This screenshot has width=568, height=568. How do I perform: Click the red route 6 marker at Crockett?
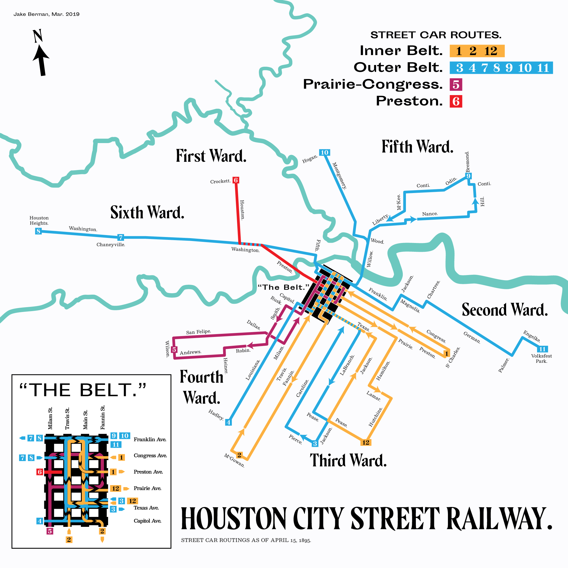coord(236,180)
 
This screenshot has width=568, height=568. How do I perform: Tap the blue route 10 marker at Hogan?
coord(324,152)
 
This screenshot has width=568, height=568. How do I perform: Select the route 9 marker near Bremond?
coord(468,176)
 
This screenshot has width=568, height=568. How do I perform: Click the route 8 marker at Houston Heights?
coord(38,231)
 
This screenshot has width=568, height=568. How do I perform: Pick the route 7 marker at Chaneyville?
coord(121,237)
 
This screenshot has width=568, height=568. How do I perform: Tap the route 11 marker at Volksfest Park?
coord(542,349)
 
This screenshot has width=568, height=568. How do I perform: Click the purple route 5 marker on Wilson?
coord(174,349)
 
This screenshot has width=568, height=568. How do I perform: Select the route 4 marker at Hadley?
coord(229,422)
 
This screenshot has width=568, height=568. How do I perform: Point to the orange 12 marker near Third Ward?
coord(365,443)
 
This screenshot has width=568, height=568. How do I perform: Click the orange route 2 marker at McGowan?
coord(239,455)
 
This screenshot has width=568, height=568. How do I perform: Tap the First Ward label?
coord(211,156)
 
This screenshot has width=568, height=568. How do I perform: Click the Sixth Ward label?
coord(147,212)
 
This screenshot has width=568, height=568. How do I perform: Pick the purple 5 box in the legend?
coord(456,85)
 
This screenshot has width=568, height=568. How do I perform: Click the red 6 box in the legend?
coord(456,101)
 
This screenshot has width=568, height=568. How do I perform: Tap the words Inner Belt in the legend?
coord(401,51)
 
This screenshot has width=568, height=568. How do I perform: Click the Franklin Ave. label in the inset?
coord(150,439)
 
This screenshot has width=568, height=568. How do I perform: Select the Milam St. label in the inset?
coord(50,418)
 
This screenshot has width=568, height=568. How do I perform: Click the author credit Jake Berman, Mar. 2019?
coord(47,14)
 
